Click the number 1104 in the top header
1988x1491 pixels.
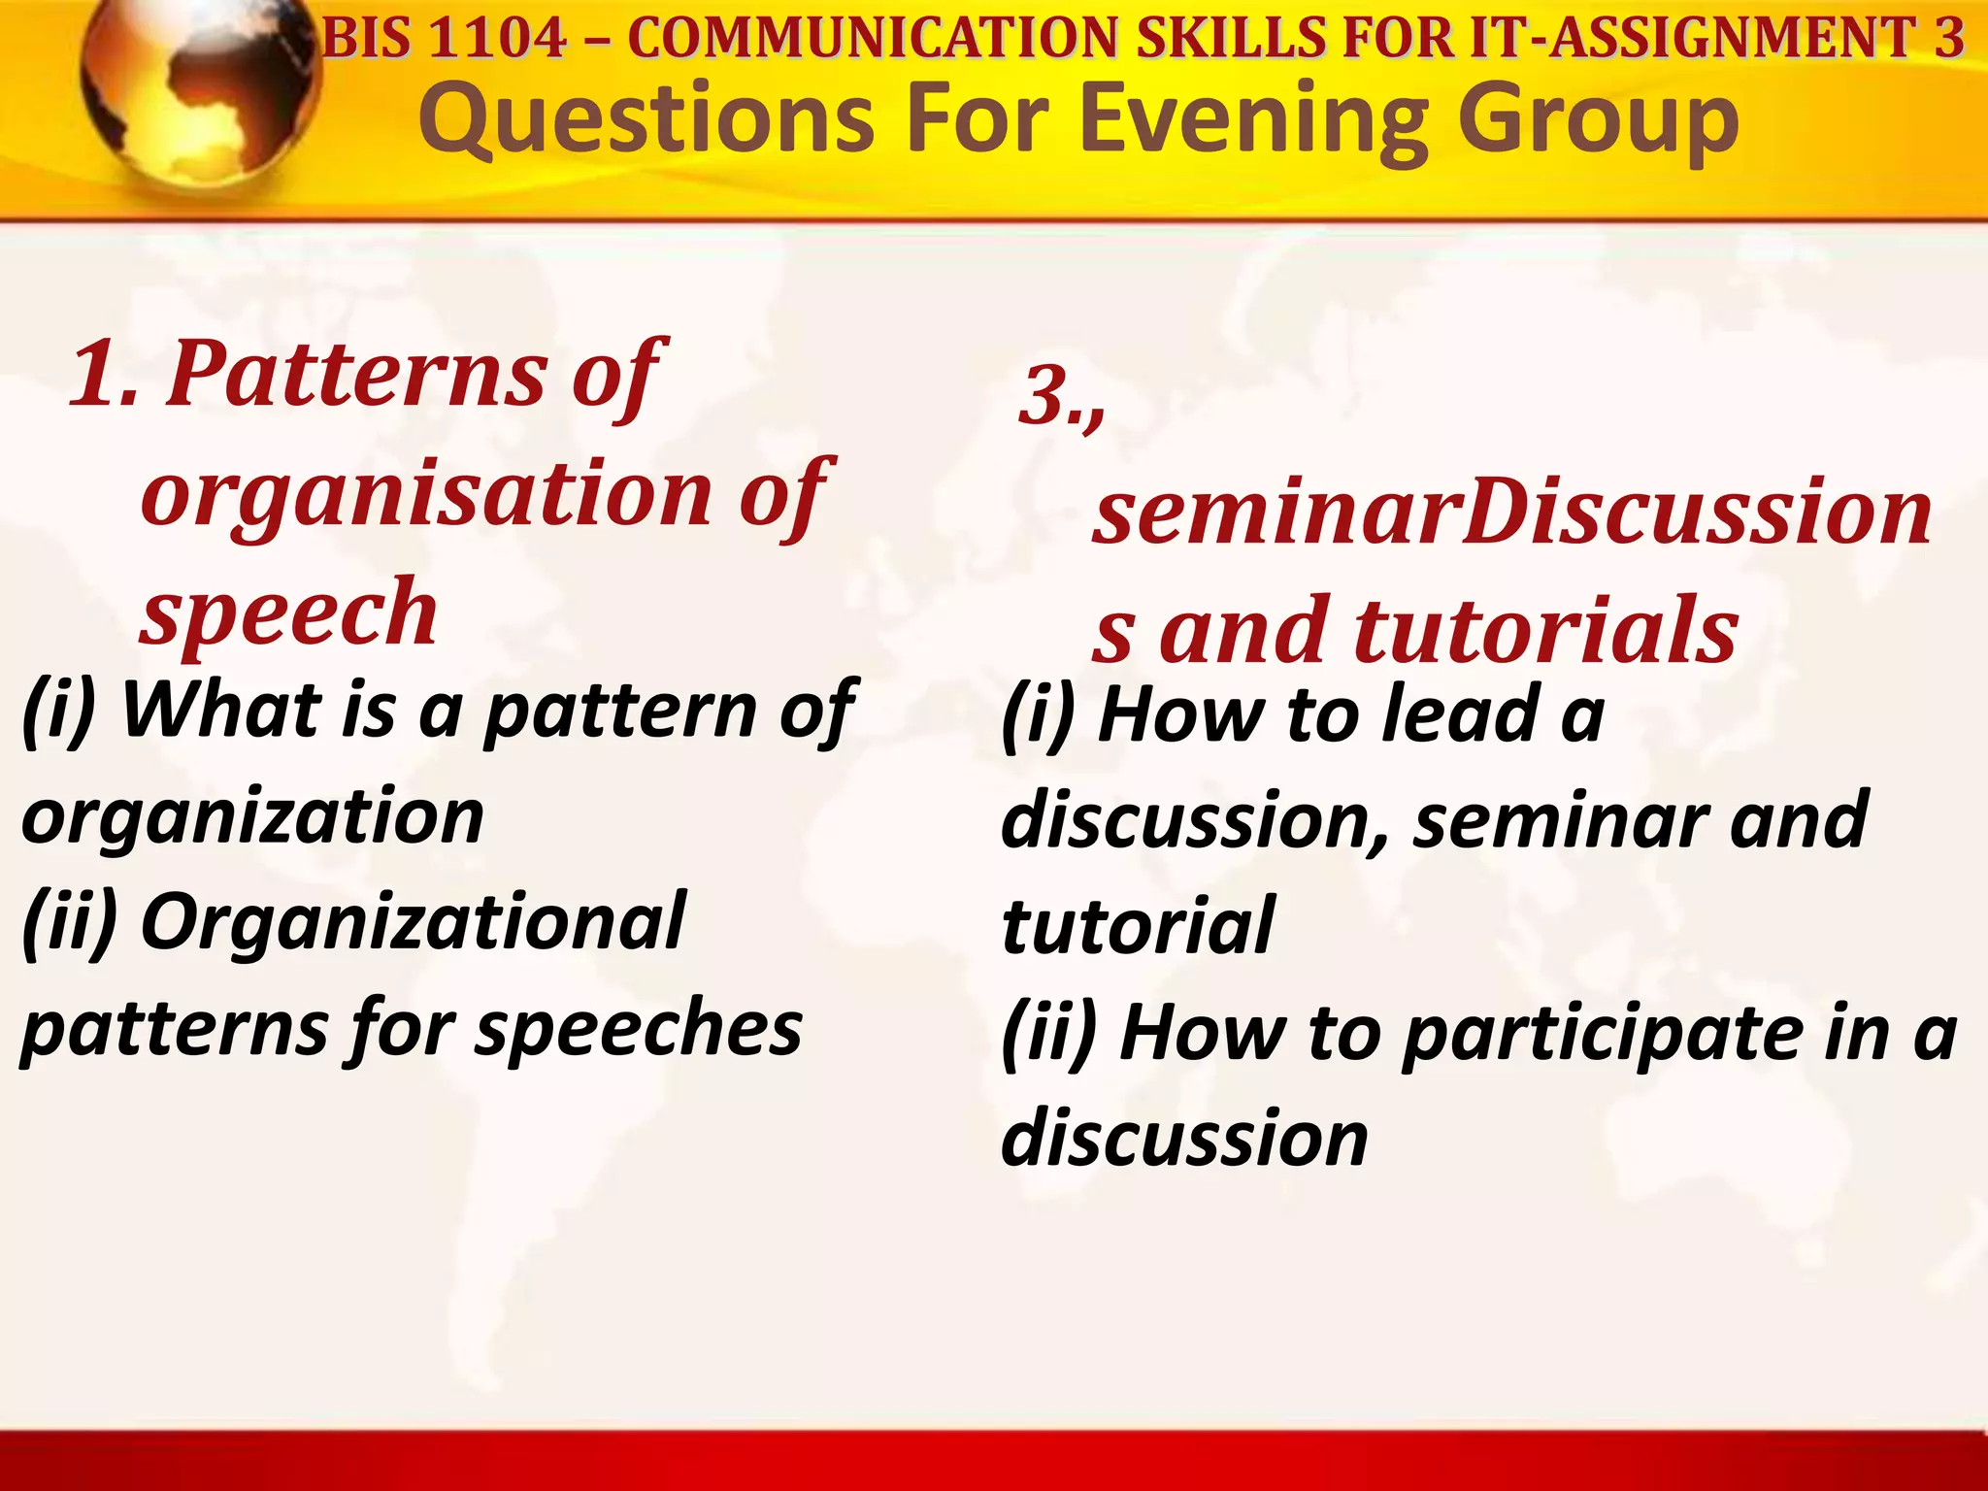pyautogui.click(x=496, y=39)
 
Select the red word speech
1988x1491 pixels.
pyautogui.click(x=289, y=612)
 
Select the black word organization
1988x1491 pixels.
pyautogui.click(x=252, y=816)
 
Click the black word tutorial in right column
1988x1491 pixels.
pyautogui.click(x=1137, y=926)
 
